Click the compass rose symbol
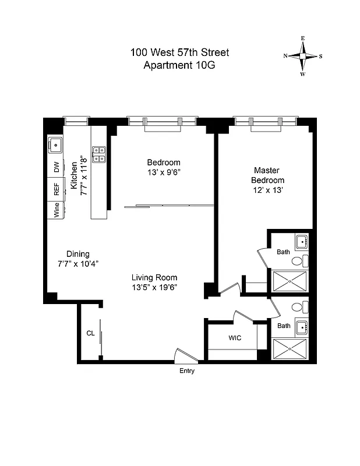pyautogui.click(x=303, y=56)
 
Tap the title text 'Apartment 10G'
pyautogui.click(x=179, y=65)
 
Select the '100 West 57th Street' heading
pyautogui.click(x=179, y=53)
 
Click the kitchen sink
pyautogui.click(x=57, y=144)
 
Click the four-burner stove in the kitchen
pyautogui.click(x=99, y=153)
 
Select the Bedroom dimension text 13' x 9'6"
pyautogui.click(x=164, y=172)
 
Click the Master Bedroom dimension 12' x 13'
pyautogui.click(x=269, y=190)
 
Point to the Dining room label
pyautogui.click(x=77, y=253)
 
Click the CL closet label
pyautogui.click(x=90, y=334)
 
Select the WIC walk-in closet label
pyautogui.click(x=235, y=338)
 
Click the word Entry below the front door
pyautogui.click(x=187, y=371)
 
